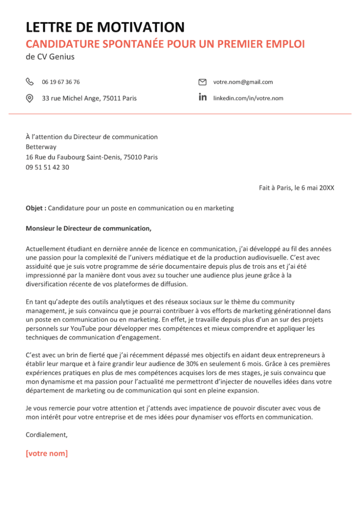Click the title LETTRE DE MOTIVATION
(105, 27)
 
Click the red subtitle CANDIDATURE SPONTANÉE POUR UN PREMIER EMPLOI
(165, 44)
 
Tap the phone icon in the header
(30, 82)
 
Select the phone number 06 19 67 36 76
(61, 82)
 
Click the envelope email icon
(202, 82)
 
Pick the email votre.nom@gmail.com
(243, 82)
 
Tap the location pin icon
(30, 98)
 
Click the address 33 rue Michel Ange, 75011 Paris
(89, 98)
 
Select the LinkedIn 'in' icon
(202, 97)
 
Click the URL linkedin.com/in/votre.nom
(248, 98)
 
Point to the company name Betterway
(41, 147)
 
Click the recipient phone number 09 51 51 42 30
(47, 167)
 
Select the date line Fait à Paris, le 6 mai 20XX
(297, 188)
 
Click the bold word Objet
(35, 208)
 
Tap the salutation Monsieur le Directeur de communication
(89, 228)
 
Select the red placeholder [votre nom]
(47, 453)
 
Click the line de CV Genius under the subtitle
(50, 57)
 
